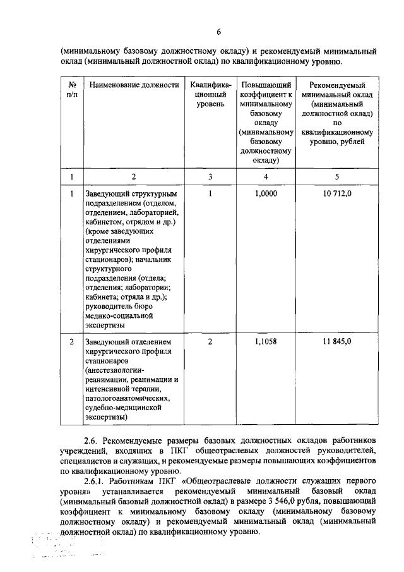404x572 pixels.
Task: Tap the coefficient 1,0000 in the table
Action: click(x=266, y=193)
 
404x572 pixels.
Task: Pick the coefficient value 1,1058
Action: click(x=266, y=342)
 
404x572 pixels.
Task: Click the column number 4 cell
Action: click(x=266, y=176)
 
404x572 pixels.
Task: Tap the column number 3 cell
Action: click(x=210, y=176)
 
